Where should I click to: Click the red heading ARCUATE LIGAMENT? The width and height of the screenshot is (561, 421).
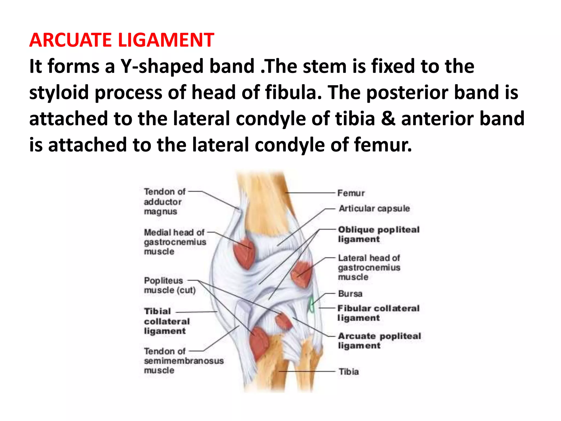tap(122, 40)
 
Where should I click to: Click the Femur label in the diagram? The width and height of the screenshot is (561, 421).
tap(351, 193)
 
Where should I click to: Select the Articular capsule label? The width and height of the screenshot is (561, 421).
tap(374, 208)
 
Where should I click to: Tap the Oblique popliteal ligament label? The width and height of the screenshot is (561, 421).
tap(378, 234)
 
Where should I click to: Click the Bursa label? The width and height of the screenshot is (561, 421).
tap(350, 294)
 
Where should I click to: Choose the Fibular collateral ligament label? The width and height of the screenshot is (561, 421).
tap(378, 313)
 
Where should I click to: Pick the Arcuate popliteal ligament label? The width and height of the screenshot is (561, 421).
tap(379, 340)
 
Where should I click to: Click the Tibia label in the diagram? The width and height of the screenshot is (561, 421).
tap(348, 371)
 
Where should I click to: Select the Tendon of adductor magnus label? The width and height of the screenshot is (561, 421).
tap(164, 201)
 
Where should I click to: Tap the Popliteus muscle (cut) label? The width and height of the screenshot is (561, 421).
tap(169, 285)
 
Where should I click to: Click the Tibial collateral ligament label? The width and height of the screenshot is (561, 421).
tap(167, 321)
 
